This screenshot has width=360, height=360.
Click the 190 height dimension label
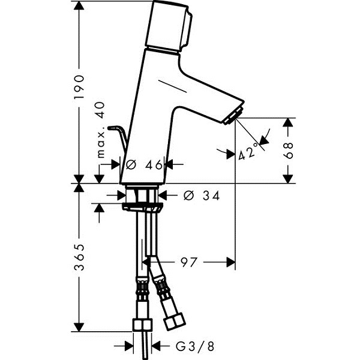coord(79,87)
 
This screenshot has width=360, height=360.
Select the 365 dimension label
coord(79,257)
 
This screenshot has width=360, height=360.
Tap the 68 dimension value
coord(289,151)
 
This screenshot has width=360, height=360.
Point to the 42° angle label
coord(248,151)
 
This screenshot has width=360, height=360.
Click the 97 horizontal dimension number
coord(189,262)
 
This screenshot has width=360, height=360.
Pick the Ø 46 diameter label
coord(145,164)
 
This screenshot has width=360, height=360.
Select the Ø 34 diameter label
coord(202,196)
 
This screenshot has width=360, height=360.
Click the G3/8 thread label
coord(195,346)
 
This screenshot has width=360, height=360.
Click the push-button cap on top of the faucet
coord(169,26)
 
